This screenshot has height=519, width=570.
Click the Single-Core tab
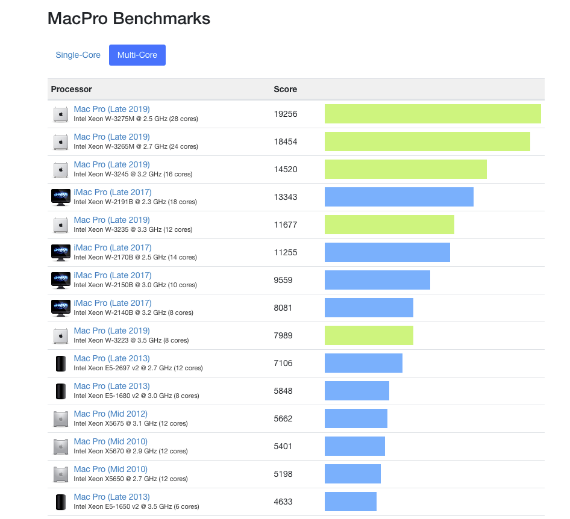[78, 55]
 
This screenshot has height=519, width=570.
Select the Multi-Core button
[137, 55]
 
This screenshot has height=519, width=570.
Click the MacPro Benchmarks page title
[129, 19]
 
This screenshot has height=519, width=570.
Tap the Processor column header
[72, 89]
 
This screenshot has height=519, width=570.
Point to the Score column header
[286, 89]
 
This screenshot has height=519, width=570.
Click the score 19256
[286, 114]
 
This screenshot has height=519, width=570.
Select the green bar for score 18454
[427, 141]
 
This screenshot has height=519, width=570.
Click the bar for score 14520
[406, 169]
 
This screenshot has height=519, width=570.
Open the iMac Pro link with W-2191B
[113, 192]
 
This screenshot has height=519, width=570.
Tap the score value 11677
[286, 225]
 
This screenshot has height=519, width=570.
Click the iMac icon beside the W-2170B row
[61, 252]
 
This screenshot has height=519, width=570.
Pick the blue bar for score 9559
[377, 280]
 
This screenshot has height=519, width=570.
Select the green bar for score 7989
[369, 335]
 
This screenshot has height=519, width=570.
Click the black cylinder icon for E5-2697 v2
[61, 363]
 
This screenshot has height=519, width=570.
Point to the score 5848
[283, 391]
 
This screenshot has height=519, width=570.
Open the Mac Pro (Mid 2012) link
[111, 414]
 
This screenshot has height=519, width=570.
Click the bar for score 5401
[355, 446]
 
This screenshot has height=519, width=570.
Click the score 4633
[283, 502]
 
